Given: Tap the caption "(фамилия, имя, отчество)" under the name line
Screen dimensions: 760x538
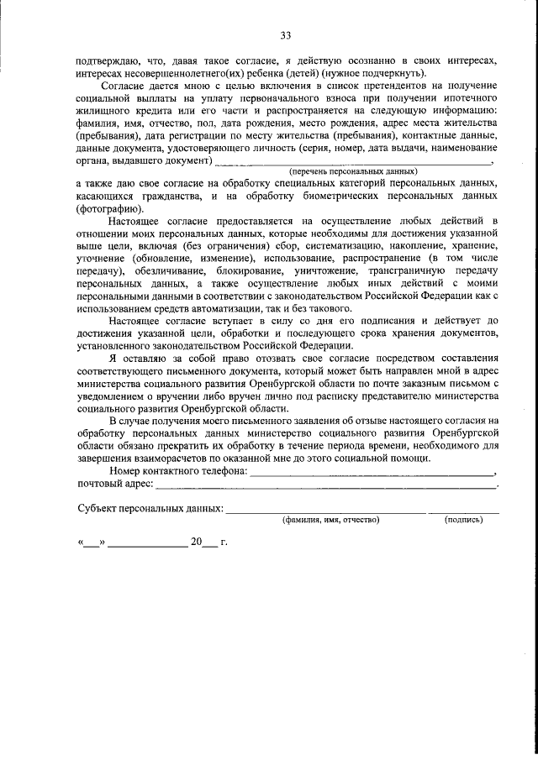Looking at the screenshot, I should coord(330,521).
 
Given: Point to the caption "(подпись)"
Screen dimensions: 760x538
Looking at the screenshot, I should coord(463,521).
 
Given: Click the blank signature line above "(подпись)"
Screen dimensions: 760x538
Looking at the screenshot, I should coord(463,511).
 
